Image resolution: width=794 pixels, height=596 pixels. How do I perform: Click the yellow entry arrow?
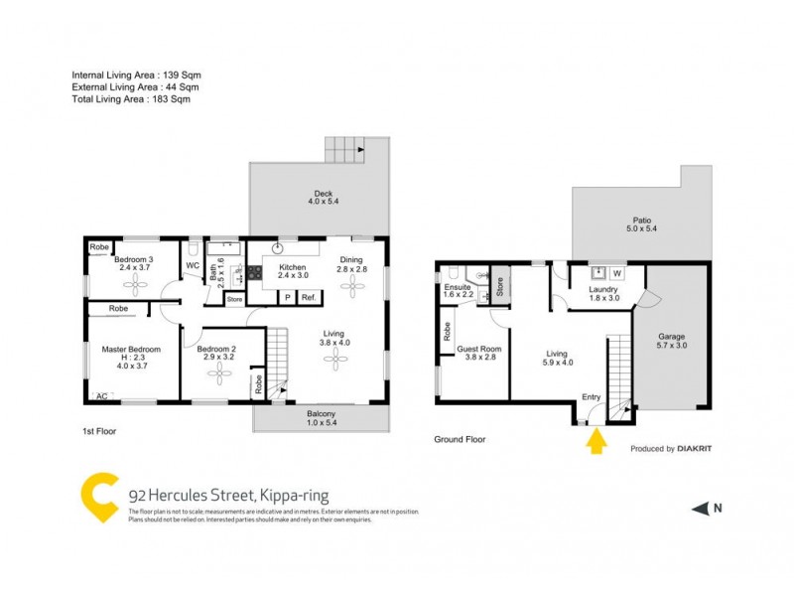(595, 440)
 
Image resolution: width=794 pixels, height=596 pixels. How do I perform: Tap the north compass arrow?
(702, 509)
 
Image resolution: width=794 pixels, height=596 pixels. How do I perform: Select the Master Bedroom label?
(131, 350)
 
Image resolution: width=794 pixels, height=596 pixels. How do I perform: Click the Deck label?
(323, 194)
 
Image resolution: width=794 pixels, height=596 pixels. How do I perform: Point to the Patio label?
(641, 222)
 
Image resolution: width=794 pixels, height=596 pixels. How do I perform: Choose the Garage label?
(672, 336)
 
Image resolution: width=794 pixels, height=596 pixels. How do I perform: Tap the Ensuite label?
(460, 288)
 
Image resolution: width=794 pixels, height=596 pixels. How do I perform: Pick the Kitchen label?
(292, 268)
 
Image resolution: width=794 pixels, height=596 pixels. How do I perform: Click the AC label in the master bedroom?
(100, 396)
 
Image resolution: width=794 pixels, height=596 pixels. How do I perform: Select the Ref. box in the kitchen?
(309, 297)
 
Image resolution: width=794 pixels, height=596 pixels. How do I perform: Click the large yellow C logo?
(99, 497)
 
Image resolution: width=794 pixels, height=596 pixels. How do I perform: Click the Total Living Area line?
(131, 99)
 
